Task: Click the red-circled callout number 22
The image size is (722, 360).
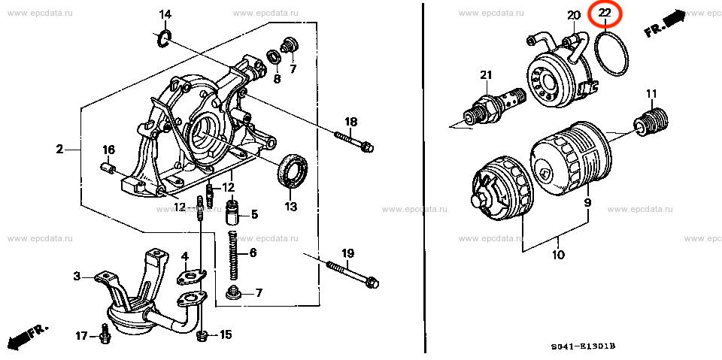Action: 605,14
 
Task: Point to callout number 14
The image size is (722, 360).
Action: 165,15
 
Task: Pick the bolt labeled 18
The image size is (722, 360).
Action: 353,141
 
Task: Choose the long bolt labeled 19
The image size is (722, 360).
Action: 352,276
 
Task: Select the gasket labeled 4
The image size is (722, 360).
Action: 192,275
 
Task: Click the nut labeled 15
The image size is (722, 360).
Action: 202,337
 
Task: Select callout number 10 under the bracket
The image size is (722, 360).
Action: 557,255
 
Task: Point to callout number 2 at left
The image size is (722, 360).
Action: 59,149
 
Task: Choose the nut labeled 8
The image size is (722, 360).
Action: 275,57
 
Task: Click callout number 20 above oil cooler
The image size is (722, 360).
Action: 573,16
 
